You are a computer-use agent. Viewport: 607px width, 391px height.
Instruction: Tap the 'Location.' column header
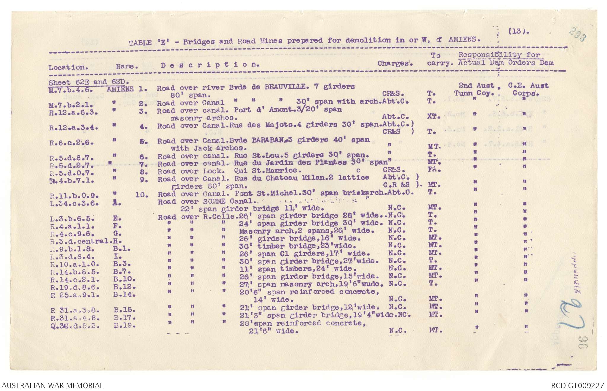point(68,67)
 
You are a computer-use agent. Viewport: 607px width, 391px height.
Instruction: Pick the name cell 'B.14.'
point(124,295)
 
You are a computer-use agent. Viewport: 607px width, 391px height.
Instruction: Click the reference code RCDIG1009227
point(577,386)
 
